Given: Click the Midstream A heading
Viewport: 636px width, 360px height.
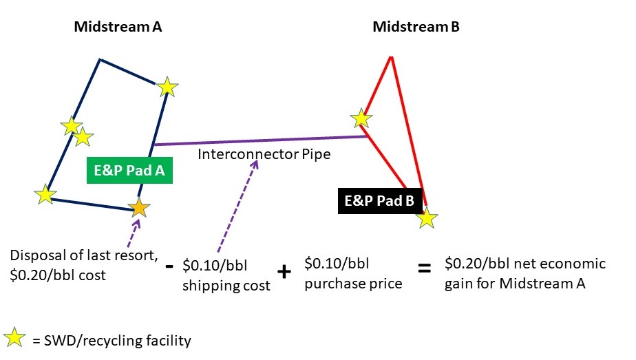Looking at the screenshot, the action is tap(118, 27).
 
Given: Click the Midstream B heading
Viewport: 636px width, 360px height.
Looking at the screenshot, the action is tap(416, 27).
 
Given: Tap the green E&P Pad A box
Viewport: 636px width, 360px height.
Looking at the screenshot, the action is tap(129, 170).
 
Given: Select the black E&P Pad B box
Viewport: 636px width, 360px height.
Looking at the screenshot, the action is tap(380, 201).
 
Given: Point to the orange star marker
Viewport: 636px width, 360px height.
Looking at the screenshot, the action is tap(139, 208).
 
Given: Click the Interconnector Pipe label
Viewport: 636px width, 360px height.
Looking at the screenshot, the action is tap(264, 154).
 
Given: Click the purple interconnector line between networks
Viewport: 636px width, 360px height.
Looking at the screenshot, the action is tap(260, 140).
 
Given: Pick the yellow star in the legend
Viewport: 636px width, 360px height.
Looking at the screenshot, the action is tap(14, 337).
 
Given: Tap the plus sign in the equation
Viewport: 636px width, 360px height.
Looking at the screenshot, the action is tap(284, 271).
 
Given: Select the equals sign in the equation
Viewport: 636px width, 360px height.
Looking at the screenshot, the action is tap(424, 268).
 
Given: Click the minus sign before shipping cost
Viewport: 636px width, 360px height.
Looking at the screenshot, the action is tap(169, 266).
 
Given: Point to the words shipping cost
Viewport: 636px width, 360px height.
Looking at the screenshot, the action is tap(226, 286).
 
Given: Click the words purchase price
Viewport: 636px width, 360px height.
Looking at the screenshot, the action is tap(353, 284).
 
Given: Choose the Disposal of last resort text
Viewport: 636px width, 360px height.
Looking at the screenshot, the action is tap(83, 255).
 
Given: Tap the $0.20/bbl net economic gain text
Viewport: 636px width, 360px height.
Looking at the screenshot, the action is tap(525, 273).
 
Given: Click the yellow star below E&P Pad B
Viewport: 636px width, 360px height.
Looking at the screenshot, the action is tap(427, 218).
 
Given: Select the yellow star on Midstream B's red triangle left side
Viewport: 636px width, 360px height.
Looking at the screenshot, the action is tap(361, 118).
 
